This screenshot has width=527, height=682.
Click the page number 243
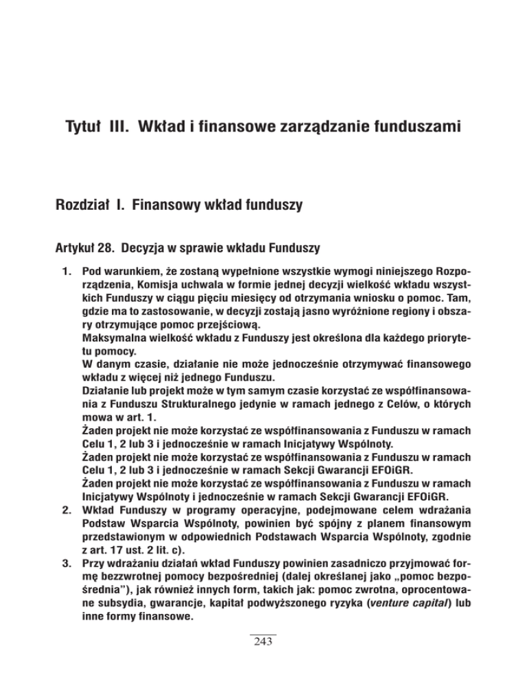coord(263,661)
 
